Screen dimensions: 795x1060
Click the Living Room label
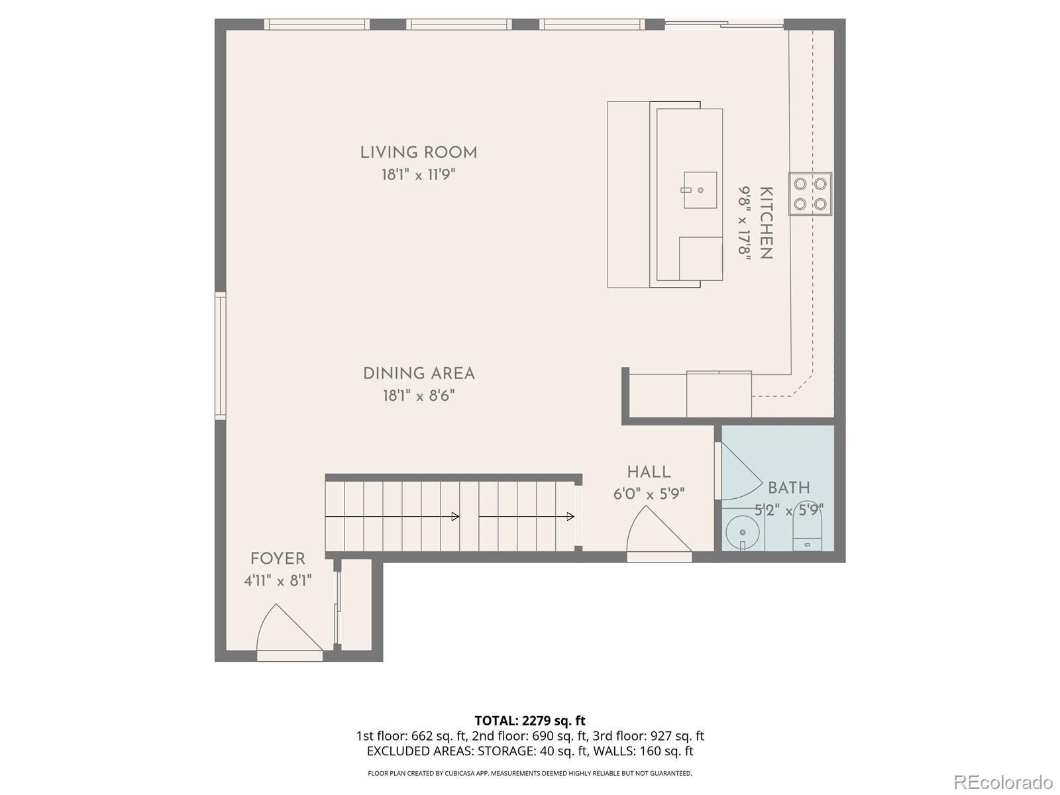click(418, 152)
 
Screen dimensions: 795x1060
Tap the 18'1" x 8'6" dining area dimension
click(418, 396)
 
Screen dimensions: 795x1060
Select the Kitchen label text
click(766, 223)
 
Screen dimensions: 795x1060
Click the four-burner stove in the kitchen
click(810, 194)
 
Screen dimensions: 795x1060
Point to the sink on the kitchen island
click(700, 190)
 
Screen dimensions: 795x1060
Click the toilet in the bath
click(808, 534)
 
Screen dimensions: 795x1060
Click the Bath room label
click(788, 488)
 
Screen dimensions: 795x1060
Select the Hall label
click(649, 472)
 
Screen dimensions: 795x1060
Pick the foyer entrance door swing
click(287, 631)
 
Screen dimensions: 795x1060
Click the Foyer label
click(278, 558)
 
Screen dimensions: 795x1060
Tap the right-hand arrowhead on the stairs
click(570, 517)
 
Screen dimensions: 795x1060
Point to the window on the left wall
click(220, 356)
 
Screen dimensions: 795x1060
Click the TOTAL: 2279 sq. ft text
click(529, 721)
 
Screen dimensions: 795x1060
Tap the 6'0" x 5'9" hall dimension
click(649, 494)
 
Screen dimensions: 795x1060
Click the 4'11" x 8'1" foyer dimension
click(278, 581)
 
